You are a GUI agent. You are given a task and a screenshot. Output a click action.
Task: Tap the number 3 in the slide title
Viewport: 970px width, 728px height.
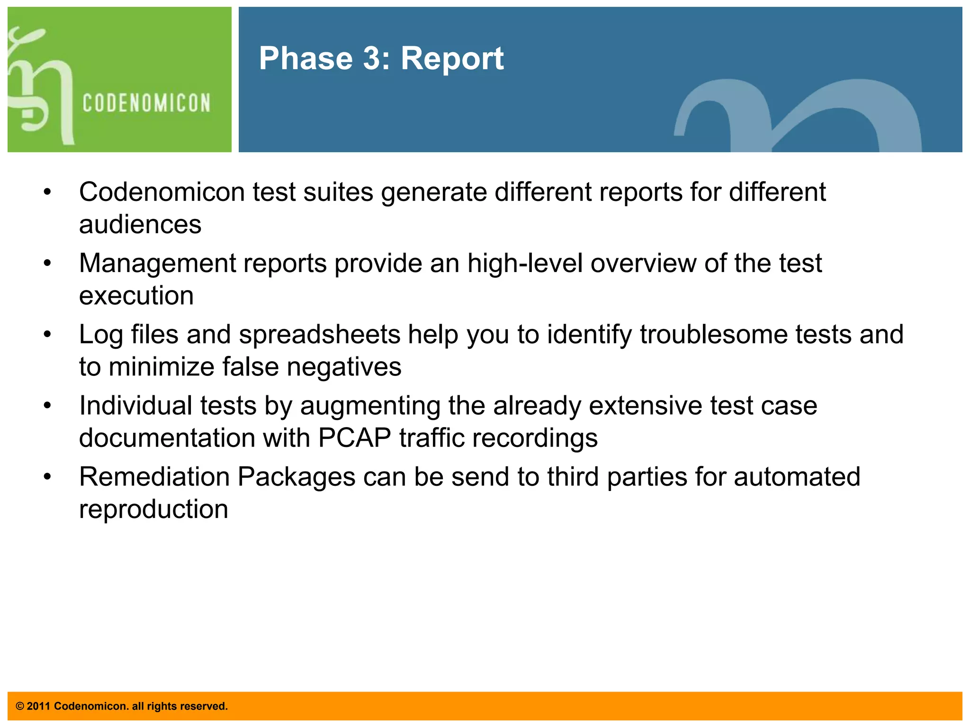point(372,59)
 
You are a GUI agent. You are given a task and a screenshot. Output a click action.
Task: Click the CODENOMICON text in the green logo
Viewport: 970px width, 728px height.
point(146,103)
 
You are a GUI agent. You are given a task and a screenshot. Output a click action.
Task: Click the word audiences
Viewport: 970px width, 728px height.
point(140,225)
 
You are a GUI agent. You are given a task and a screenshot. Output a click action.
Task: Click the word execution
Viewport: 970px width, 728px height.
point(136,296)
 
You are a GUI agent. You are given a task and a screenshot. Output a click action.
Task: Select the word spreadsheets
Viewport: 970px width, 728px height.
point(320,335)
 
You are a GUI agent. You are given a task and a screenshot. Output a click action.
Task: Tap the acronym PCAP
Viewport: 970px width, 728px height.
point(354,438)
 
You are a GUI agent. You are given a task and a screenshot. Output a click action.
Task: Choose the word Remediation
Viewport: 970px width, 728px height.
point(154,477)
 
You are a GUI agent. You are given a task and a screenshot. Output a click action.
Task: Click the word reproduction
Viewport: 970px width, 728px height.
point(153,510)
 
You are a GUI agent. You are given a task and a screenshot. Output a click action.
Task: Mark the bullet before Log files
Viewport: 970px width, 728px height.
point(47,335)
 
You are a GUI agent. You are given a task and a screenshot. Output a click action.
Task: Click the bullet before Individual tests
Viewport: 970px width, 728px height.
point(47,406)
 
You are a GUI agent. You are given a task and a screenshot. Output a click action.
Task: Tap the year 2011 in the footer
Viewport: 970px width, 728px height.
point(38,706)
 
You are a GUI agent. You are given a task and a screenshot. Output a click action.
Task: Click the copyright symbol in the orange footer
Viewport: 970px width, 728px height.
point(20,706)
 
